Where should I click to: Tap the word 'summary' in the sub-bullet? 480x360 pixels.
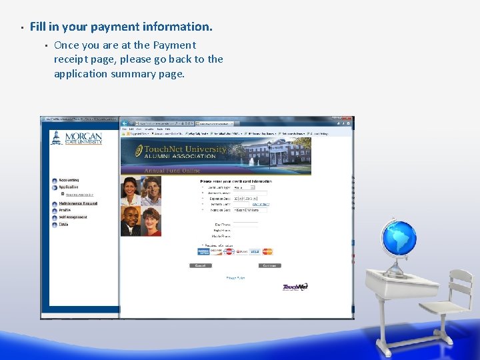[x=129, y=74]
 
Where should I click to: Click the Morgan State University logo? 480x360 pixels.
[x=76, y=138]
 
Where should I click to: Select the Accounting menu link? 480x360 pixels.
[x=69, y=180]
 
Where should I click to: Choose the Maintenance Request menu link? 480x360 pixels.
[x=78, y=203]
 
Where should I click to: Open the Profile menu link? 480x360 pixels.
[x=65, y=210]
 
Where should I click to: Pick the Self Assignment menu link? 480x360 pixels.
[x=73, y=217]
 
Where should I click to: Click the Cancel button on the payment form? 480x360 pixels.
[x=201, y=265]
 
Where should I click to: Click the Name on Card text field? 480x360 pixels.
[x=250, y=210]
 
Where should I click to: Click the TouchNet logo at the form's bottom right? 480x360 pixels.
[x=295, y=287]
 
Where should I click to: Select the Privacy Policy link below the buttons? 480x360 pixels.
[x=235, y=277]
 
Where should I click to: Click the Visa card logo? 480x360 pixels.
[x=255, y=251]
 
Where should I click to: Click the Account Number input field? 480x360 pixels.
[x=250, y=193]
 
